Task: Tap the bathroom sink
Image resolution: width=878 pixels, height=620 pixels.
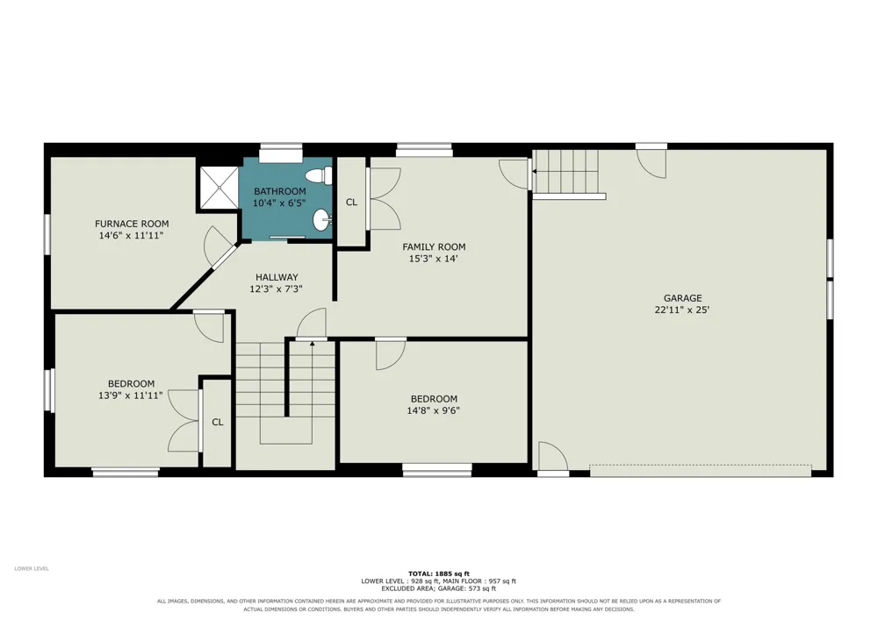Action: click(x=322, y=220)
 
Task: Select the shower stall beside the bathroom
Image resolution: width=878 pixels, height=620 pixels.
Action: click(x=219, y=188)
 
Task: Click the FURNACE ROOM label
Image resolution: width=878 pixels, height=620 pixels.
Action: click(x=132, y=224)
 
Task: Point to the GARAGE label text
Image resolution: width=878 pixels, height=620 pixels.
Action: click(x=682, y=298)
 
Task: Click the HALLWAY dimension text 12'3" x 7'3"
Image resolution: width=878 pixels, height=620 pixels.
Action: click(x=277, y=289)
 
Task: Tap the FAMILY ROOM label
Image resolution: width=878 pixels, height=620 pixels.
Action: click(x=434, y=246)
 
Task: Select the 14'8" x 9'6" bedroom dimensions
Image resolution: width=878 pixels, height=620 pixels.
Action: click(x=434, y=410)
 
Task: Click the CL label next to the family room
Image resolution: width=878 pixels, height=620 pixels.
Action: click(x=352, y=203)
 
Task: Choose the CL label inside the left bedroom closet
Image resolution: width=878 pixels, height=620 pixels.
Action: click(x=218, y=422)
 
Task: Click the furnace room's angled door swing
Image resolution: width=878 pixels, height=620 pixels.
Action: click(x=217, y=246)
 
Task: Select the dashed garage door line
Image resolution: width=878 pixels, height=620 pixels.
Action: click(x=701, y=465)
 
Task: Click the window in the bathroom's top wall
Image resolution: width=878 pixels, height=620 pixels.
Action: click(x=281, y=147)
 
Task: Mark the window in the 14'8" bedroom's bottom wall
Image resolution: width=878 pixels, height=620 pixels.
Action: click(x=437, y=472)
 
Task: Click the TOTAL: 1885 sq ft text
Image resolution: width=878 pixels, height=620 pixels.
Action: click(x=439, y=574)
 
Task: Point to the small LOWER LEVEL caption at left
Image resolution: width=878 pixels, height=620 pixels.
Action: click(x=32, y=568)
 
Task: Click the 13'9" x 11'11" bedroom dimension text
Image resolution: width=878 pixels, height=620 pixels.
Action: click(x=131, y=396)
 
